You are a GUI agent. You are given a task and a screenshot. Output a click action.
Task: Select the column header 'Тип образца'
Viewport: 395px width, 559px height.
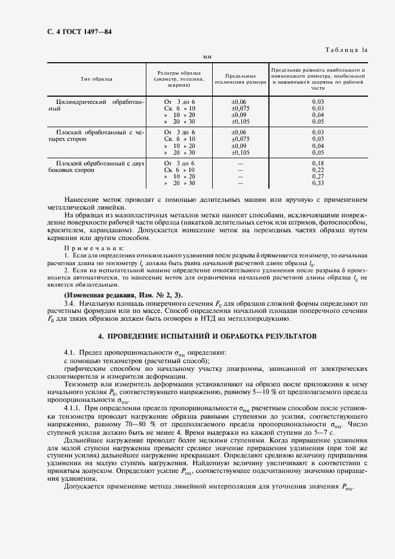click(97, 79)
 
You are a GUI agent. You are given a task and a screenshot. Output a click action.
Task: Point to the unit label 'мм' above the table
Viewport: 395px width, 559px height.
click(207, 58)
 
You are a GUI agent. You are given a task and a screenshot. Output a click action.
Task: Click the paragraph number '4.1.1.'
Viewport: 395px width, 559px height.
click(74, 407)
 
